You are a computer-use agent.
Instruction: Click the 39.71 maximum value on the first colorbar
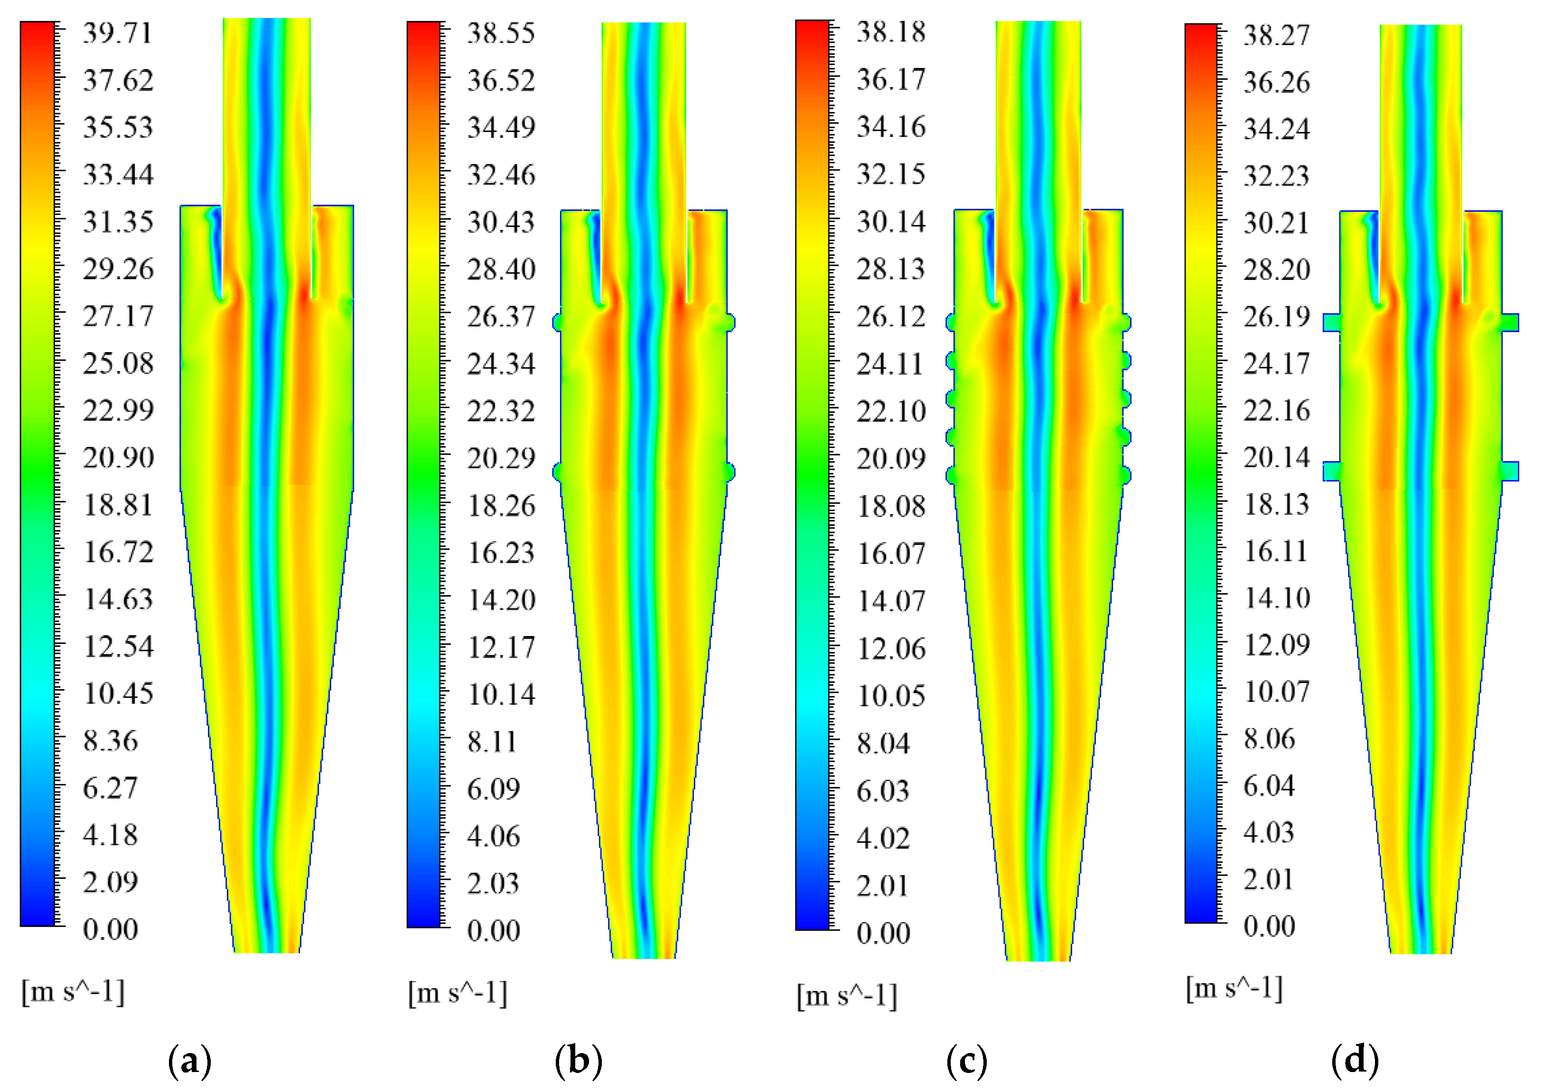(x=118, y=34)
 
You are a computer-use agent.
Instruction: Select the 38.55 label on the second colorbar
(x=501, y=34)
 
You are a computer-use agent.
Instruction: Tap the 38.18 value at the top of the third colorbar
(x=890, y=32)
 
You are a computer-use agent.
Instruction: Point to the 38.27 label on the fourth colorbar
(x=1276, y=35)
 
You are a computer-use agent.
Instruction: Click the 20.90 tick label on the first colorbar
(x=118, y=458)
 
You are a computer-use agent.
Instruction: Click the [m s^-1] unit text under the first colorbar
(x=73, y=991)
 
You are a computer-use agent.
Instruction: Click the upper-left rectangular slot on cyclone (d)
(x=1331, y=323)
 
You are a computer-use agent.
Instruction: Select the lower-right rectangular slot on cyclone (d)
(x=1510, y=471)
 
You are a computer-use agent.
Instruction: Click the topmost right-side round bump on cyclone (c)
(x=1126, y=323)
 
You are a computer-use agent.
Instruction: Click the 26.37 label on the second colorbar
(x=501, y=317)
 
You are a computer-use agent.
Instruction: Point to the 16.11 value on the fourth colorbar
(x=1276, y=551)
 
